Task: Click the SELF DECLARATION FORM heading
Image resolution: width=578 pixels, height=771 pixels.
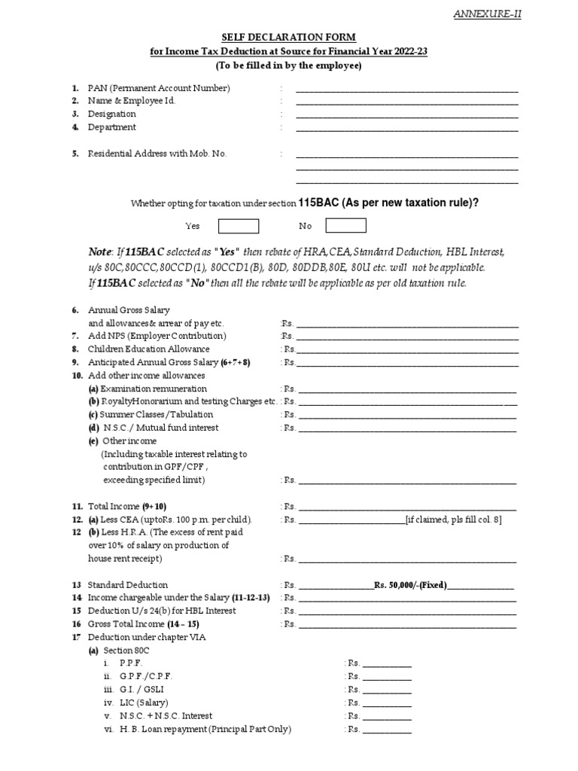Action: point(288,37)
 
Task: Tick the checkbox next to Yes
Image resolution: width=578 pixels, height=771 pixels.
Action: point(239,226)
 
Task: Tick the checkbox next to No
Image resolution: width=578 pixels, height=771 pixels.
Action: point(346,226)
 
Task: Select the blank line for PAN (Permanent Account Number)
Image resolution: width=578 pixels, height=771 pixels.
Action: point(406,90)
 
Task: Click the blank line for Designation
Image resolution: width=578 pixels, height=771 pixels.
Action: point(406,115)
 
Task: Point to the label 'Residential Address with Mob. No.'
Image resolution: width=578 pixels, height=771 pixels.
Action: point(157,154)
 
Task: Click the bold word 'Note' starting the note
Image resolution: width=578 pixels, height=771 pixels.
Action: point(101,251)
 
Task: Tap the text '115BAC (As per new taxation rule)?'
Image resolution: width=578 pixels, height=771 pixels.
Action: point(389,203)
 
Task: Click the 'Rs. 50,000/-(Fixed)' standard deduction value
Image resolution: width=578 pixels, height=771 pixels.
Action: point(411,585)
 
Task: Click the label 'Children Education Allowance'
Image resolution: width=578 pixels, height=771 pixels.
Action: point(148,349)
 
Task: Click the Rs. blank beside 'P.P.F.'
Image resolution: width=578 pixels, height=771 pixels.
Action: point(387,663)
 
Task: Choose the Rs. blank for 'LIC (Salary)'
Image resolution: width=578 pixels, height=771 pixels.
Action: point(387,702)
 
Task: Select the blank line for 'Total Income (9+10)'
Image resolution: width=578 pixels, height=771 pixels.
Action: point(407,507)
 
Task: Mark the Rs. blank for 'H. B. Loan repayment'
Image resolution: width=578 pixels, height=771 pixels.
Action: point(387,730)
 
